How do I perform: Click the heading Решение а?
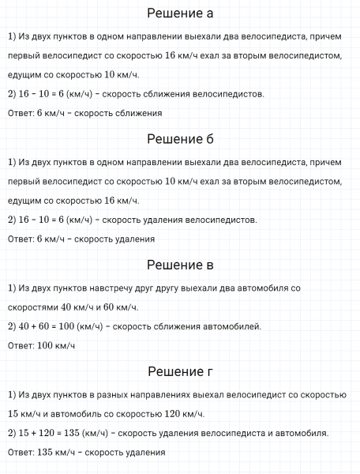pyautogui.click(x=180, y=14)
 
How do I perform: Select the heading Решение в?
pyautogui.click(x=180, y=264)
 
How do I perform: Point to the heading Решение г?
pyautogui.click(x=180, y=371)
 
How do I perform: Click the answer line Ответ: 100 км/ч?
pyautogui.click(x=40, y=344)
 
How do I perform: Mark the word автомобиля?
pyautogui.click(x=301, y=433)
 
